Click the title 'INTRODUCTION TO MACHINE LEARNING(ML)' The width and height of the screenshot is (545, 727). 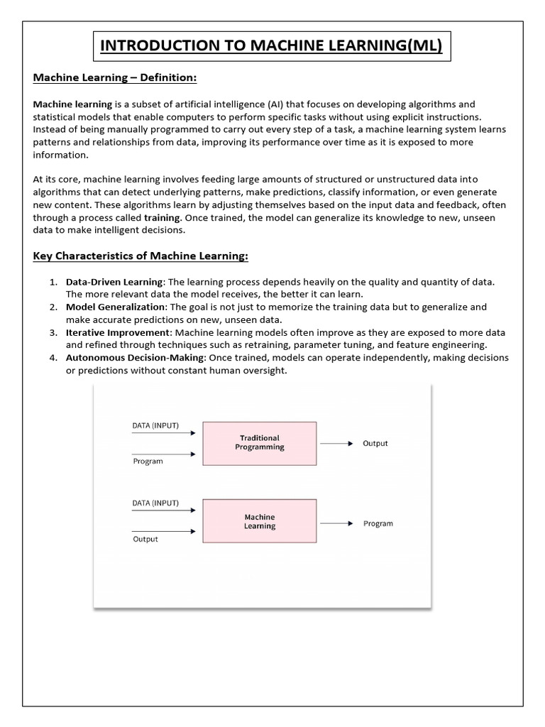click(x=272, y=46)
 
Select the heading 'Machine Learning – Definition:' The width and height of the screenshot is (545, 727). click(x=114, y=77)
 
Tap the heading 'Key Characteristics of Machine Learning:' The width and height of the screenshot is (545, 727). click(x=141, y=256)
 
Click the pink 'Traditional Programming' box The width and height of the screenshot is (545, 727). click(x=260, y=443)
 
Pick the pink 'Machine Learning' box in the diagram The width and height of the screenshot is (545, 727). click(x=260, y=522)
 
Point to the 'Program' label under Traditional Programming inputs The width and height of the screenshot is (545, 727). click(x=148, y=461)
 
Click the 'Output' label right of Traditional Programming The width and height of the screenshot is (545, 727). click(x=375, y=444)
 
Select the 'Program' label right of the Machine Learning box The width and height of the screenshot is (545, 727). click(x=378, y=524)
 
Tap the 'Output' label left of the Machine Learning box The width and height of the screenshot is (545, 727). click(x=145, y=540)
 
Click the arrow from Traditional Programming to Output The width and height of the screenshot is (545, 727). click(x=336, y=444)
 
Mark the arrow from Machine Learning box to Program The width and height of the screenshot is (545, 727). click(x=336, y=523)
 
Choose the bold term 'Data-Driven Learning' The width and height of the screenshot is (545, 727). click(x=114, y=282)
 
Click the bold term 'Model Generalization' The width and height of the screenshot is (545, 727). click(x=115, y=307)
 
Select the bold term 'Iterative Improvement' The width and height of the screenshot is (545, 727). click(x=119, y=332)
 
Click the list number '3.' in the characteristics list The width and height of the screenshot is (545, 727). click(x=53, y=332)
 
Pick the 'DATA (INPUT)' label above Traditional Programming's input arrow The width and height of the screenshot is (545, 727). click(x=155, y=426)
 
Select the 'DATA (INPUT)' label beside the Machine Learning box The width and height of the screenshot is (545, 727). click(x=155, y=503)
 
